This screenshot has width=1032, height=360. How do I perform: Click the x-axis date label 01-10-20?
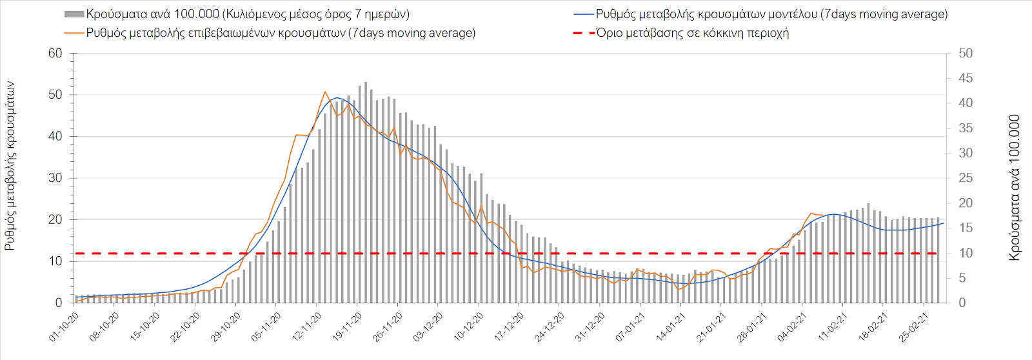[64, 327]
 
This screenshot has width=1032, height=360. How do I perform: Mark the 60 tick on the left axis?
[55, 54]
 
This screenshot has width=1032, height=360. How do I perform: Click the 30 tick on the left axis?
[55, 178]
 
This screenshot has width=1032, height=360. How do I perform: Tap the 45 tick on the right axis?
[966, 78]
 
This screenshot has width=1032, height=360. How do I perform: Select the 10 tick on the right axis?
[966, 253]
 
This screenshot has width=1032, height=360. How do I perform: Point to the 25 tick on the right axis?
[966, 178]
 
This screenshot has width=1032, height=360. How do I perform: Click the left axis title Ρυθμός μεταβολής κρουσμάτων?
[10, 166]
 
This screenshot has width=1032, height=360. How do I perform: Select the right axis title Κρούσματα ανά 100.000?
[1015, 187]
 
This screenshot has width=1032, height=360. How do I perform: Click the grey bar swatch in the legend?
[74, 14]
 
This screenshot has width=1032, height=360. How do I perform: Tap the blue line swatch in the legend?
[583, 14]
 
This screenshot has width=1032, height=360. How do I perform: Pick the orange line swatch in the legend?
[74, 33]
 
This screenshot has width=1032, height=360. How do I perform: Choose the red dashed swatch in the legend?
[583, 33]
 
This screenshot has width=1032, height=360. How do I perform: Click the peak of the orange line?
[325, 92]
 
